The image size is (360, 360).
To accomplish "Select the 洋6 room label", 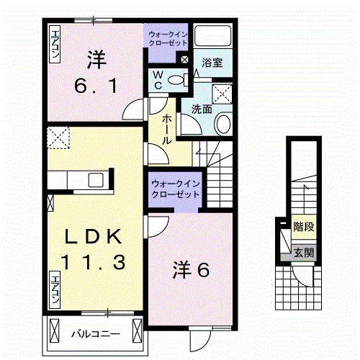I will point(190,271).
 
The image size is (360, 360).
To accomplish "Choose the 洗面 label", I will point(202,109).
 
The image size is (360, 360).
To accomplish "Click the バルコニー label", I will point(95,333).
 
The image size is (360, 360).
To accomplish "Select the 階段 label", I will point(303,228).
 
